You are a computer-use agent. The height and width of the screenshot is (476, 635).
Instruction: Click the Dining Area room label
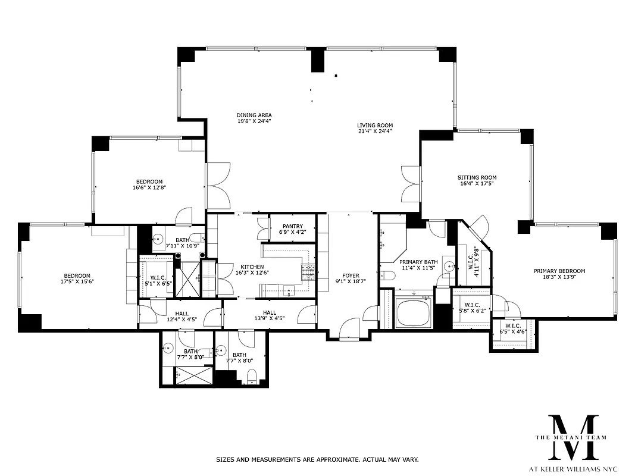254,118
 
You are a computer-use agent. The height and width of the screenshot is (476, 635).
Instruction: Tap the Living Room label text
375,128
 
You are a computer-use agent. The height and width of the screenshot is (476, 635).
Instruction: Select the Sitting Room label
477,180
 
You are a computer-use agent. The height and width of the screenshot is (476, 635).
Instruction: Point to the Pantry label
293,229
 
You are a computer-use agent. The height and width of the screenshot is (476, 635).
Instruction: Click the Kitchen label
252,270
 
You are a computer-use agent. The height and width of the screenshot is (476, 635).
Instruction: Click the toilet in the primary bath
387,275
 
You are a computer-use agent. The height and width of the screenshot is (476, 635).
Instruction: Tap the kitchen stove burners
308,272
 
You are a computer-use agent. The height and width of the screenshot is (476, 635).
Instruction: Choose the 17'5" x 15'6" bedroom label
77,278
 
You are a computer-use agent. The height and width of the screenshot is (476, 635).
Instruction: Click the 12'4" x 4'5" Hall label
182,316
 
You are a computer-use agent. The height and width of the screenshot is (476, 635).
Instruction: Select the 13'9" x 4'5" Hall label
270,315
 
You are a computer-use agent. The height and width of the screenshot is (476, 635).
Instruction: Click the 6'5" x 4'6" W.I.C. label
513,329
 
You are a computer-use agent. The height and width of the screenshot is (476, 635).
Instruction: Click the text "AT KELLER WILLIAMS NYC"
573,468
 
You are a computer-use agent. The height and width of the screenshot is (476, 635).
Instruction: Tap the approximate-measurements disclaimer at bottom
317,459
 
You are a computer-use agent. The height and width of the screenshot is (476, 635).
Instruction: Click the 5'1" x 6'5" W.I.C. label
157,281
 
